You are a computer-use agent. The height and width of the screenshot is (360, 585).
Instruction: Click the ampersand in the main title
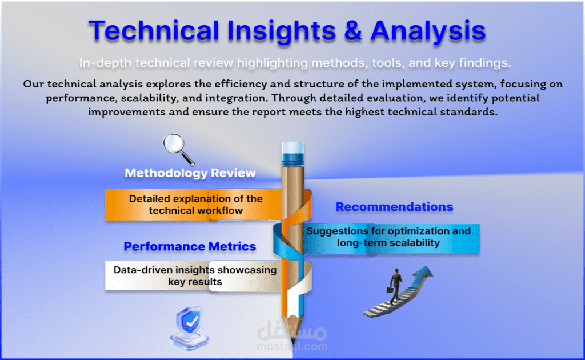(x=352, y=30)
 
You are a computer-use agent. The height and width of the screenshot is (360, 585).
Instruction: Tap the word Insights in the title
(x=281, y=31)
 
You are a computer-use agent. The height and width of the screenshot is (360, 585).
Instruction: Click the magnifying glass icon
(x=179, y=149)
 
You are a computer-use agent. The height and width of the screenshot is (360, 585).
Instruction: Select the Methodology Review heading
(x=190, y=173)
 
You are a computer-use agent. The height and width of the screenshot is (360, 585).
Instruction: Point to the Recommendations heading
(x=394, y=206)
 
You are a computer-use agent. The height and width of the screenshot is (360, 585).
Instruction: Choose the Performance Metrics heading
(x=190, y=246)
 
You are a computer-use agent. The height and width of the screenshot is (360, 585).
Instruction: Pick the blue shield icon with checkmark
(x=190, y=327)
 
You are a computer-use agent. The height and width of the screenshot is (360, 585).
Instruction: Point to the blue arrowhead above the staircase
(x=424, y=271)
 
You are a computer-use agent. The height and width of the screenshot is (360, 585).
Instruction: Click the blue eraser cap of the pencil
(x=293, y=153)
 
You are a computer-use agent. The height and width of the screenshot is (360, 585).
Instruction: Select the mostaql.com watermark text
(x=292, y=346)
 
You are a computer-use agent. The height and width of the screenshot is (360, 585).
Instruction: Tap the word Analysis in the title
(x=428, y=31)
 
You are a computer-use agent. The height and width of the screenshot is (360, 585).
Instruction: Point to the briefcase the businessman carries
(x=390, y=290)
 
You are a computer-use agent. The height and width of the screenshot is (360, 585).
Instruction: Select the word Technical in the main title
(x=154, y=30)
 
